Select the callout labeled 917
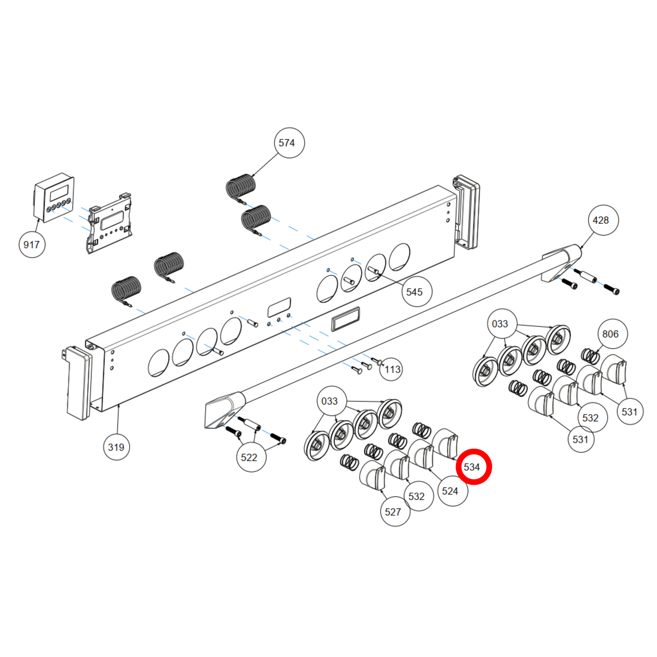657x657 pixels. tap(32, 245)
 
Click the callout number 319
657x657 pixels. tap(116, 447)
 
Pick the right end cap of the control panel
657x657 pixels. tap(466, 212)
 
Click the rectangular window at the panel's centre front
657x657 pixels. tap(346, 319)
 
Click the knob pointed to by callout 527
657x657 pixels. tap(373, 475)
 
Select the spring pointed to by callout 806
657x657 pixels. tap(590, 356)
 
